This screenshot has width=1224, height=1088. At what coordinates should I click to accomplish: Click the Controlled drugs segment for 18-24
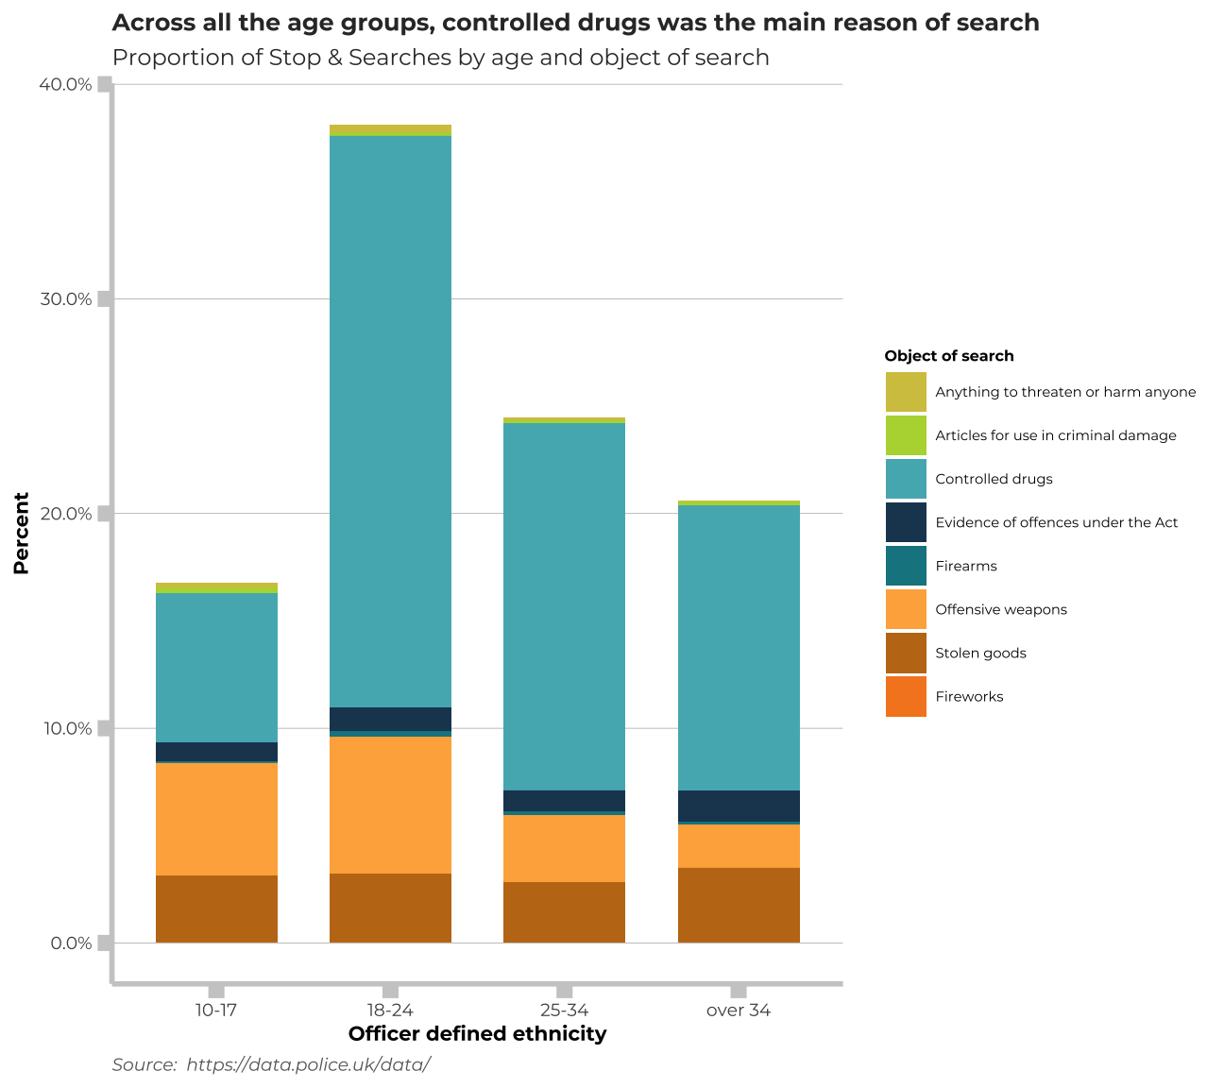click(390, 421)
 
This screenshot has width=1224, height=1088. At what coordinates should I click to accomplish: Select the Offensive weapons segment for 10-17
click(216, 819)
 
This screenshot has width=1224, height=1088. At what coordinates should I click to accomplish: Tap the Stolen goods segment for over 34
click(739, 905)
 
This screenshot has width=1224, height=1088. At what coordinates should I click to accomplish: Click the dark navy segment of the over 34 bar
click(739, 806)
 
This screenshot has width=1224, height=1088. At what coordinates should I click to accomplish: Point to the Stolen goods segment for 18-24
click(390, 908)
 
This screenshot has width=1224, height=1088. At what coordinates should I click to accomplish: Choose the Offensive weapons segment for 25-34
click(564, 848)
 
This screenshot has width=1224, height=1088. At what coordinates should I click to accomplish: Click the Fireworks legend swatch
click(906, 697)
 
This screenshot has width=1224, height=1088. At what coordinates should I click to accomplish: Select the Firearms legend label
click(965, 566)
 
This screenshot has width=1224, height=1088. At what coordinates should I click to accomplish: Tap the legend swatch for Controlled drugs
click(906, 479)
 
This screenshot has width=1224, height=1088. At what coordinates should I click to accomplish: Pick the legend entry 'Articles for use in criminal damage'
click(1055, 435)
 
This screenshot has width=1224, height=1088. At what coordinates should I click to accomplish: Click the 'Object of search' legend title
click(948, 356)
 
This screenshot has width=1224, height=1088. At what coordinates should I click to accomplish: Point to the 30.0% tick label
click(65, 299)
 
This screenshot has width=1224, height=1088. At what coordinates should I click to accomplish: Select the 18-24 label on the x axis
click(390, 1011)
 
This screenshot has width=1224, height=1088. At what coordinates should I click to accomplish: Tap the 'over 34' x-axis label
click(739, 1011)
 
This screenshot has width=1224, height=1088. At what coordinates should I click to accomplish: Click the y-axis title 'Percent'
click(21, 533)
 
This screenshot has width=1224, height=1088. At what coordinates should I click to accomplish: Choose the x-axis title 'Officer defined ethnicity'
click(477, 1034)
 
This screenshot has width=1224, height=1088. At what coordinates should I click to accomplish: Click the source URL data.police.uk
click(308, 1064)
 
